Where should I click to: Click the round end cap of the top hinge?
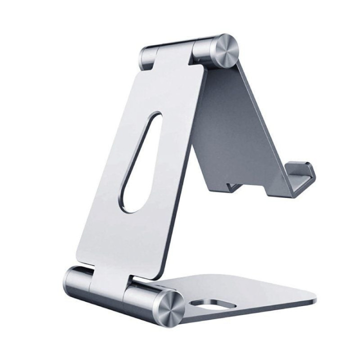(224, 49)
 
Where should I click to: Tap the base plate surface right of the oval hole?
(260, 295)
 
